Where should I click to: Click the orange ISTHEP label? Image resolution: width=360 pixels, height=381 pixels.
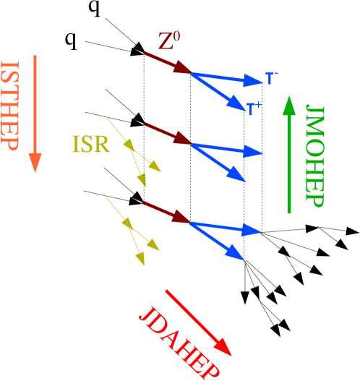10,104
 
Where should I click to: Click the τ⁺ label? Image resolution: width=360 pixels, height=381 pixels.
254,108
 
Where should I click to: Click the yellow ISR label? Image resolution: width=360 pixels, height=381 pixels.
90,145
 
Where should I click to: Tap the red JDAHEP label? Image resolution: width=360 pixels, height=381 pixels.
179,340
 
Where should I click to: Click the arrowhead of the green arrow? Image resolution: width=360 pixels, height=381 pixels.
289,106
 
